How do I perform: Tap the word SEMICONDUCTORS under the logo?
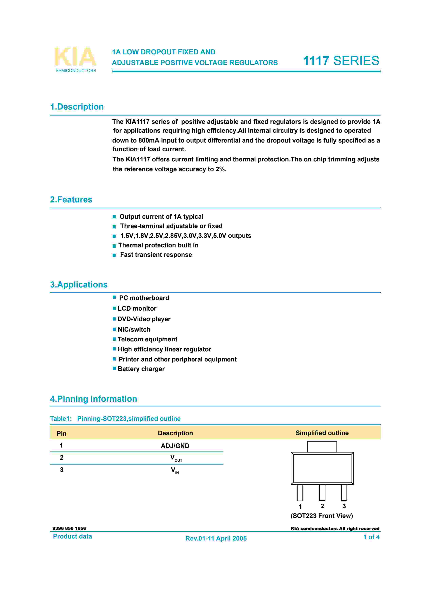(x=76, y=71)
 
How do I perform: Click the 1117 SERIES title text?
(x=341, y=61)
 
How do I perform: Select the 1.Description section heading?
(x=77, y=107)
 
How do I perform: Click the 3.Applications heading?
(x=79, y=285)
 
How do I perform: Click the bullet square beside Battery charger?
(x=114, y=368)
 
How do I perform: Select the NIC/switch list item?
(x=134, y=329)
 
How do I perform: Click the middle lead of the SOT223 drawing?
(x=322, y=492)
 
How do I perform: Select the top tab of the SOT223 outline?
(x=322, y=446)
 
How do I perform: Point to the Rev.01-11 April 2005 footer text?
(x=216, y=538)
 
